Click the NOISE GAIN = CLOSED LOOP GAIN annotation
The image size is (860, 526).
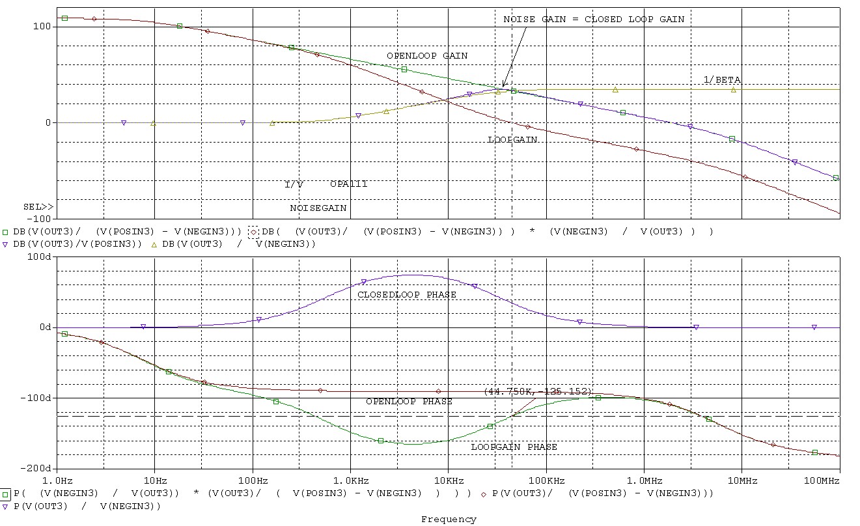[593, 20]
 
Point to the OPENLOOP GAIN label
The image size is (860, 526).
[426, 56]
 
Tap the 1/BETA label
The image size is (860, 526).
[721, 80]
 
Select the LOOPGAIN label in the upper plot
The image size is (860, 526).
[512, 139]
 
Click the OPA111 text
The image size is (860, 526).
[348, 184]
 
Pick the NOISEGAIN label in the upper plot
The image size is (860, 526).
[318, 208]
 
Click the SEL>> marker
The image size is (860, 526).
[38, 207]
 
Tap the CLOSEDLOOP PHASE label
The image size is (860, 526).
[406, 295]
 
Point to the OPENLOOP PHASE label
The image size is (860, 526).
[408, 402]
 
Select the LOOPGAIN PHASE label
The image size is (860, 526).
[514, 447]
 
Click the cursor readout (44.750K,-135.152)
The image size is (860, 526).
[538, 392]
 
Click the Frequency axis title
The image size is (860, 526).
[449, 519]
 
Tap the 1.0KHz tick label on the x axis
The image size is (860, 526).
[350, 480]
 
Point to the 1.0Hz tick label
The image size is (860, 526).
[57, 480]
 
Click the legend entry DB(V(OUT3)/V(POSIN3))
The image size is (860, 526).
[77, 244]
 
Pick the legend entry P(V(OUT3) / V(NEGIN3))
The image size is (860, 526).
[85, 506]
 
